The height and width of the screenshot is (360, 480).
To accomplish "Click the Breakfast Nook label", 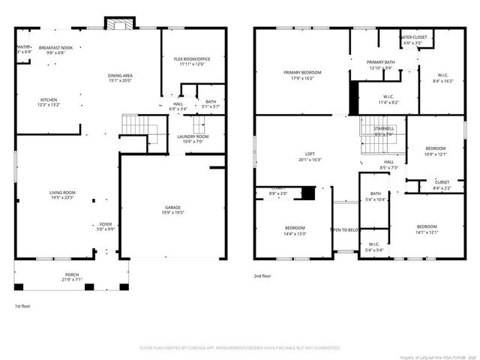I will pyautogui.click(x=55, y=47).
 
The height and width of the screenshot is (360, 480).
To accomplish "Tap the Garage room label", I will pyautogui.click(x=173, y=208).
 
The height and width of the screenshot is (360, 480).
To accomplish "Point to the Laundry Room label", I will pyautogui.click(x=192, y=136).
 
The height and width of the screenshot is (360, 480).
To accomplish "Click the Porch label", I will pyautogui.click(x=70, y=274).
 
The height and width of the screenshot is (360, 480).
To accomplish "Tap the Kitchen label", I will pyautogui.click(x=49, y=100).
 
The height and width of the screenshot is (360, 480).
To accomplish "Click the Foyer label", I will pyautogui.click(x=106, y=224).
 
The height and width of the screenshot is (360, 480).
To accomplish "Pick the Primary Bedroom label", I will pyautogui.click(x=297, y=73).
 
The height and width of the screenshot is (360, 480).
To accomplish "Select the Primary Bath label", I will pyautogui.click(x=380, y=62).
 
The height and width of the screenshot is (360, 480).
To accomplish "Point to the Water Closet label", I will pyautogui.click(x=413, y=37).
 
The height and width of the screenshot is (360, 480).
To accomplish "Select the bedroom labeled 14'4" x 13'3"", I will pyautogui.click(x=295, y=227).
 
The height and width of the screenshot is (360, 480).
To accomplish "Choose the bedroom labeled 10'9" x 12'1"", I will pyautogui.click(x=436, y=148).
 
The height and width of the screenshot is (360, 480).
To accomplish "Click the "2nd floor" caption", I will pyautogui.click(x=262, y=276).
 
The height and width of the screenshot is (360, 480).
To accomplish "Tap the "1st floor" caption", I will pyautogui.click(x=23, y=306).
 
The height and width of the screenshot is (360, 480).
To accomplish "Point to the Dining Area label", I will pyautogui.click(x=121, y=75).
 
